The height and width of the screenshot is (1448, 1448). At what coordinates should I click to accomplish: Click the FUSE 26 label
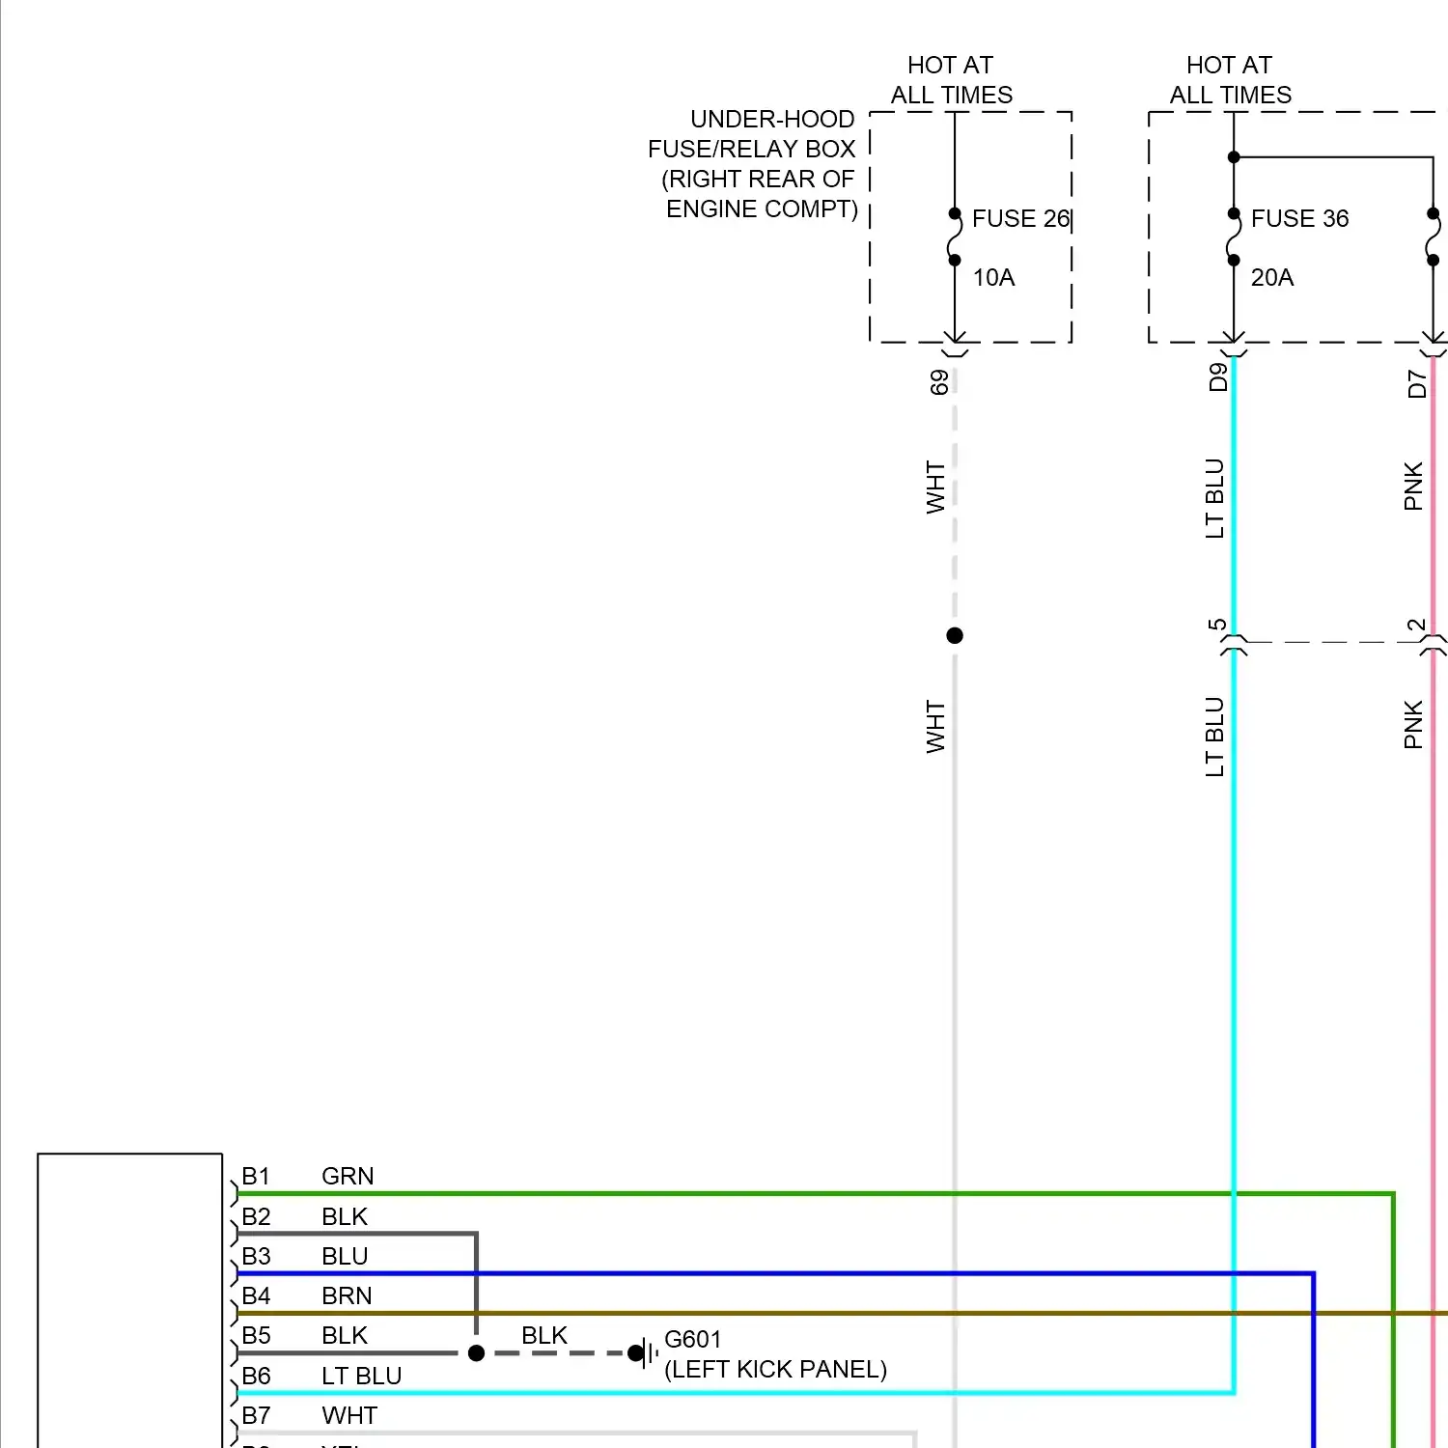pyautogui.click(x=1020, y=219)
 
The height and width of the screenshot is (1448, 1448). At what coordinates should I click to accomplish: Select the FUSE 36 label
pyautogui.click(x=1299, y=219)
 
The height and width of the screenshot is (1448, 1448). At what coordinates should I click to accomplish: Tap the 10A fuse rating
pyautogui.click(x=993, y=278)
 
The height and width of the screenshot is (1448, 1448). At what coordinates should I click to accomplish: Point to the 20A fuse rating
pyautogui.click(x=1271, y=278)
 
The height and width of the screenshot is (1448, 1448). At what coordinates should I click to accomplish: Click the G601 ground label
pyautogui.click(x=692, y=1339)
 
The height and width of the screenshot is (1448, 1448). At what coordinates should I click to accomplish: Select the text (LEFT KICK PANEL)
pyautogui.click(x=775, y=1369)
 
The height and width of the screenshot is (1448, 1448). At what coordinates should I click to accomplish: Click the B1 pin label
pyautogui.click(x=256, y=1176)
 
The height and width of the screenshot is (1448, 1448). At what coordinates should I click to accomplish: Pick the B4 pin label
pyautogui.click(x=256, y=1295)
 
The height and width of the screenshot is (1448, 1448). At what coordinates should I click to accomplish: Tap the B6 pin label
pyautogui.click(x=256, y=1376)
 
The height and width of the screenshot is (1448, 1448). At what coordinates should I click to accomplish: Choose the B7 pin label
pyautogui.click(x=256, y=1415)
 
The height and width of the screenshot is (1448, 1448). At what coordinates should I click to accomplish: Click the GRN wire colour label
pyautogui.click(x=348, y=1176)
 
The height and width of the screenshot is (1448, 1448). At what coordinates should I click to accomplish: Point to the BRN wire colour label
pyautogui.click(x=347, y=1295)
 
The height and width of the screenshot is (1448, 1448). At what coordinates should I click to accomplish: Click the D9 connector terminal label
pyautogui.click(x=1218, y=376)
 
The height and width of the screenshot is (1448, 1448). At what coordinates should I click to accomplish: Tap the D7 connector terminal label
pyautogui.click(x=1416, y=384)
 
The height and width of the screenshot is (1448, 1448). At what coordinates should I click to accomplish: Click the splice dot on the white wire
pyautogui.click(x=955, y=635)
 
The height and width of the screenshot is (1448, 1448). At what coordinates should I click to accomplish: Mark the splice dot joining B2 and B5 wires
pyautogui.click(x=476, y=1353)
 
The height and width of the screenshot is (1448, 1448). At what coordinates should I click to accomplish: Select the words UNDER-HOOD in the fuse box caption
pyautogui.click(x=772, y=119)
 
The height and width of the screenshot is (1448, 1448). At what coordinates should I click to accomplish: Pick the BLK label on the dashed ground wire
pyautogui.click(x=544, y=1335)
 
